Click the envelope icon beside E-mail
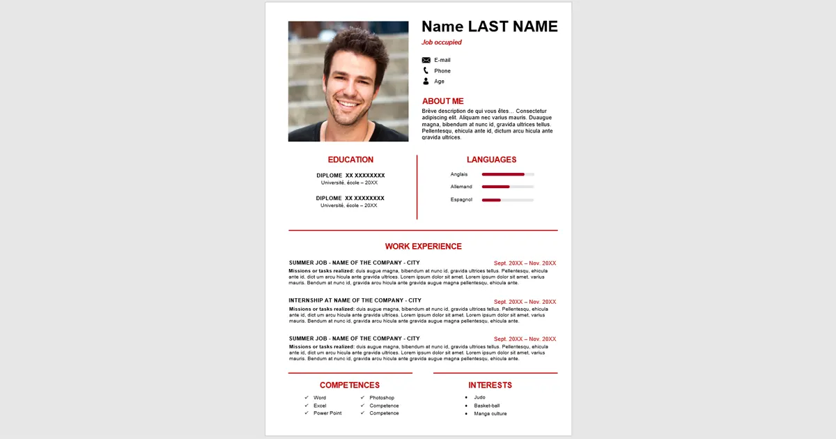(426, 60)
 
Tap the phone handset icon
(426, 70)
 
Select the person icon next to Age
(426, 82)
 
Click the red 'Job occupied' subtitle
(442, 43)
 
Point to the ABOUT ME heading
(442, 101)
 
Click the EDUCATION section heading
(350, 160)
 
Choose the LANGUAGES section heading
(491, 160)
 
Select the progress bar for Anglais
(508, 174)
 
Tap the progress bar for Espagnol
(508, 200)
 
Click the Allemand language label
(461, 187)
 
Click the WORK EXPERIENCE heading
(423, 246)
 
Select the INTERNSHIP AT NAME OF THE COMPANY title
(355, 300)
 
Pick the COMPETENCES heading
(350, 385)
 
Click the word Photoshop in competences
(382, 398)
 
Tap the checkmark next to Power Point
(307, 413)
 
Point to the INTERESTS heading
(490, 385)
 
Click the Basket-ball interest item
(487, 406)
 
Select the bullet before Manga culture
(466, 414)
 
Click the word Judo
(480, 397)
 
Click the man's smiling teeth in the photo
(346, 105)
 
